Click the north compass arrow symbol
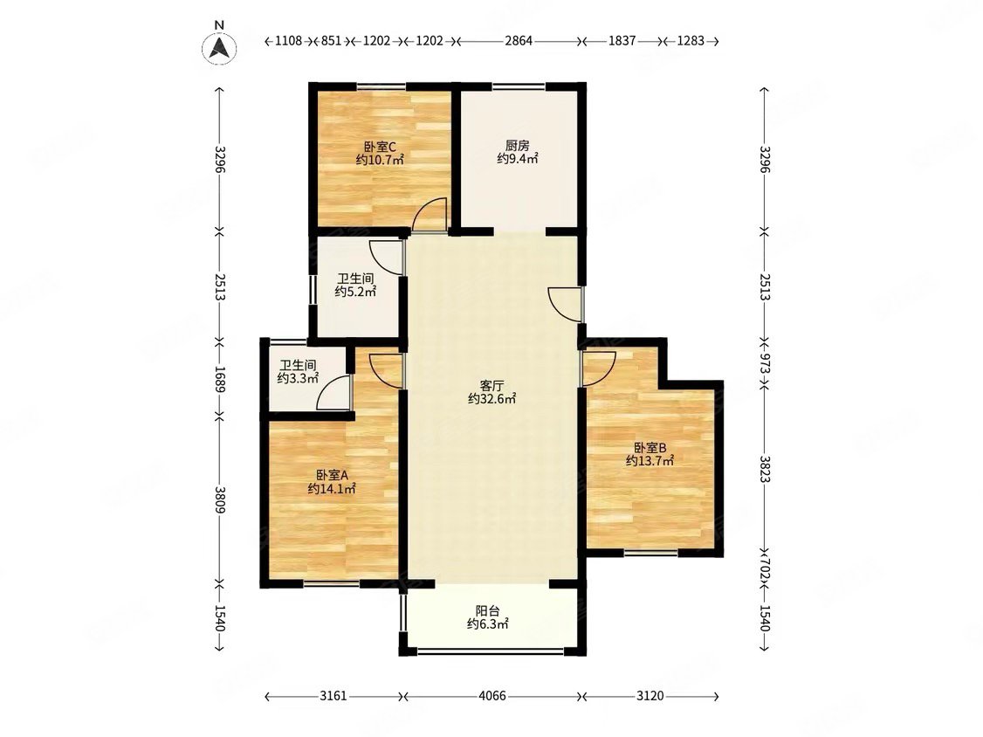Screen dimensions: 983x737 pyautogui.click(x=219, y=48)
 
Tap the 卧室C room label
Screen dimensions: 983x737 pyautogui.click(x=380, y=147)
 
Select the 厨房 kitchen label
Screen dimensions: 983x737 pyautogui.click(x=517, y=146)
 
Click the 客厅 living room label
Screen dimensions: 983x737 pyautogui.click(x=492, y=385)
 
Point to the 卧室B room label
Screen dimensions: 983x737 pyautogui.click(x=650, y=448)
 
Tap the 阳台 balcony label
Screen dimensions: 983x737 pyautogui.click(x=487, y=610)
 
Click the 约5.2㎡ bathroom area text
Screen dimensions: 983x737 pyautogui.click(x=355, y=292)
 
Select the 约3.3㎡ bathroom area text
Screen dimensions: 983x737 pyautogui.click(x=299, y=378)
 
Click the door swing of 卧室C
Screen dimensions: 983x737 pyautogui.click(x=430, y=215)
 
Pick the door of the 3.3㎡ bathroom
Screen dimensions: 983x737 pyautogui.click(x=333, y=393)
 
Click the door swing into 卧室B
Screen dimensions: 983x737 pyautogui.click(x=600, y=368)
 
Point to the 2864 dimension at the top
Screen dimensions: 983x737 pyautogui.click(x=519, y=41)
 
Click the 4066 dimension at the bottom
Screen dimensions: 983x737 pyautogui.click(x=492, y=696)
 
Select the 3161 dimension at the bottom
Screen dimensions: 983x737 pyautogui.click(x=333, y=696)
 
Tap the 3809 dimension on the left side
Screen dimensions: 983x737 pyautogui.click(x=219, y=499)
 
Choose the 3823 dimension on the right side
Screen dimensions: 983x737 pyautogui.click(x=764, y=469)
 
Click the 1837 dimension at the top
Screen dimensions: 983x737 pyautogui.click(x=622, y=41)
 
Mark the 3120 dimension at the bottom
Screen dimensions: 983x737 pyautogui.click(x=650, y=696)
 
